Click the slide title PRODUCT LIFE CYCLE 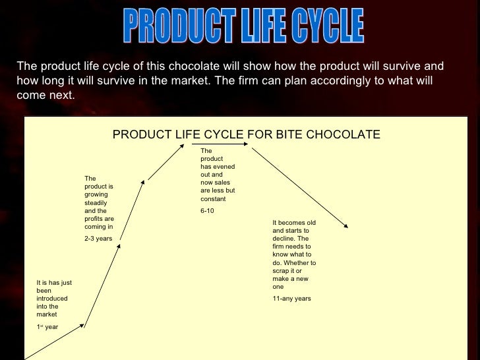click(243, 26)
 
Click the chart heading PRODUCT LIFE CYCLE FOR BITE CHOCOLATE click(246, 135)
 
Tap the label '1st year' click(47, 327)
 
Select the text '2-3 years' click(98, 238)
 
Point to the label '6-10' click(207, 211)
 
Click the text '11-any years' click(291, 299)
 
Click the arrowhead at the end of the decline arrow click(345, 227)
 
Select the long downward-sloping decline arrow click(299, 187)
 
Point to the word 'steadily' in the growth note click(96, 203)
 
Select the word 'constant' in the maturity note click(213, 198)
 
